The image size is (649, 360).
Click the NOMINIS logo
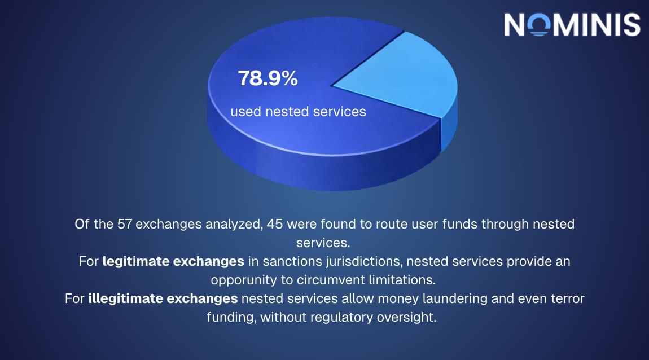tap(572, 25)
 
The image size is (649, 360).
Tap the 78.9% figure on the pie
tap(268, 79)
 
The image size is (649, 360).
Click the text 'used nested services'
tap(298, 112)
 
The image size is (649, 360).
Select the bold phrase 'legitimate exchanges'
tap(173, 262)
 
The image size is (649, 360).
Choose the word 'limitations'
tap(405, 280)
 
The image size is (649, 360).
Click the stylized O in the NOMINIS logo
tap(540, 25)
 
